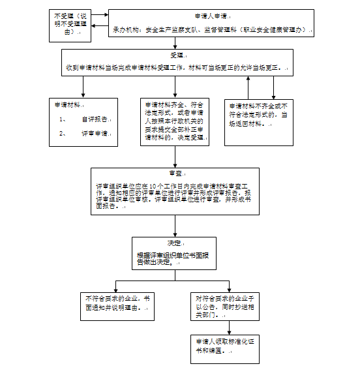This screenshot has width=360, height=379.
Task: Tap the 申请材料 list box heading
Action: pos(69,104)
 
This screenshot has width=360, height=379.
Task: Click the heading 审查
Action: pos(175,174)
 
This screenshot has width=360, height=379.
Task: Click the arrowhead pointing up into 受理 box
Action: pos(248,79)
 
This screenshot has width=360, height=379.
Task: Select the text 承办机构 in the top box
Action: pos(126,30)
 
